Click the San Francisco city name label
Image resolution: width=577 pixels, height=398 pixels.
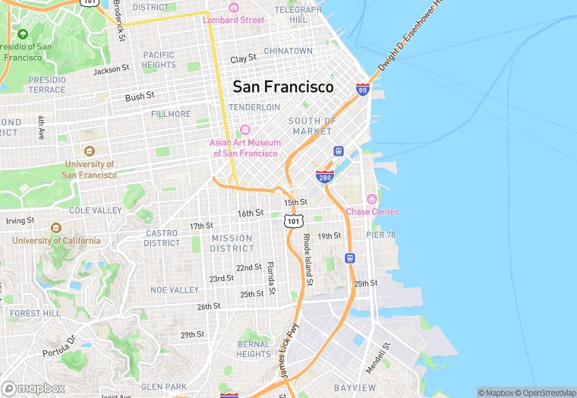coord(282,87)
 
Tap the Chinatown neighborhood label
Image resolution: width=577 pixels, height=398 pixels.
coord(288,51)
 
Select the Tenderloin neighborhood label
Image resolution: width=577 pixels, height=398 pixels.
coord(254,107)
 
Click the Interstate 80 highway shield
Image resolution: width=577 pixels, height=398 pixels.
coord(363,90)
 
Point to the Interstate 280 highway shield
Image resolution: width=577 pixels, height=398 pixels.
coord(323,177)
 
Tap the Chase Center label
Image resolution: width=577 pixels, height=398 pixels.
coord(372,212)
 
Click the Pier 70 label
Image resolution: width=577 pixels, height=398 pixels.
coord(381,235)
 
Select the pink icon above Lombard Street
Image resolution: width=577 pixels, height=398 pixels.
coord(233,8)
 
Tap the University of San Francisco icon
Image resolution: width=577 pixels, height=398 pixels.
coord(90,152)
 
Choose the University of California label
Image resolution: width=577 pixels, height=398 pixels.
coord(55,241)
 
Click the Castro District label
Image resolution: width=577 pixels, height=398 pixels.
coord(162,238)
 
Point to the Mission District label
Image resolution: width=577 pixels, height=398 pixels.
coord(232,243)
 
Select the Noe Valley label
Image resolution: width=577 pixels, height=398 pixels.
coord(175,290)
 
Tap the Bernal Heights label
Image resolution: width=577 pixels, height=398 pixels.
coord(253,349)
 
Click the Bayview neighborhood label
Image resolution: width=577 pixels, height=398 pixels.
coord(355,387)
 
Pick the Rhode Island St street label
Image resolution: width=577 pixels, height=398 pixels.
coord(308,259)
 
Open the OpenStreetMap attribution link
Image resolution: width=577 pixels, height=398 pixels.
coord(545,393)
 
